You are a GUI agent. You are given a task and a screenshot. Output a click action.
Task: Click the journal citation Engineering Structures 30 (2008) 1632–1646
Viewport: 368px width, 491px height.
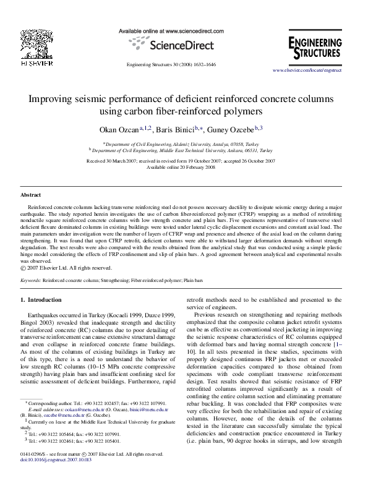coord(171,64)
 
